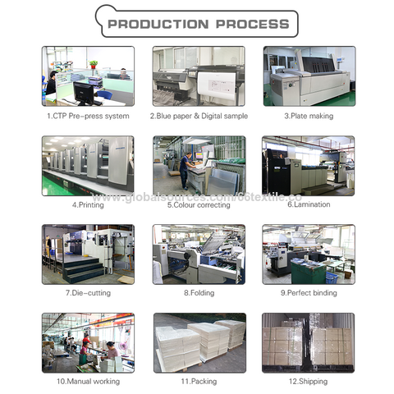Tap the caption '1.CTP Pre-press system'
(88, 116)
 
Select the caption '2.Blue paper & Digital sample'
(198, 116)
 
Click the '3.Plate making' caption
(309, 116)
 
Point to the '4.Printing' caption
(88, 204)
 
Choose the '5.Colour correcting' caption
(198, 204)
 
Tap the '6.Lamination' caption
(309, 204)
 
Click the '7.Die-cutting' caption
(88, 292)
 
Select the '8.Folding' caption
(198, 292)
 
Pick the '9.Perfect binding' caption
(309, 292)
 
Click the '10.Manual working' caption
(88, 381)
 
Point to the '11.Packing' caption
(198, 381)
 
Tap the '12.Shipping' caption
(309, 381)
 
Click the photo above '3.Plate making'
(309, 76)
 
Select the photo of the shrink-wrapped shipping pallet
(309, 341)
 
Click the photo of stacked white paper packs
(198, 341)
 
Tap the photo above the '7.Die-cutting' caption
(88, 253)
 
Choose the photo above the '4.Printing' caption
(88, 164)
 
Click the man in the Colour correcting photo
(186, 167)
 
